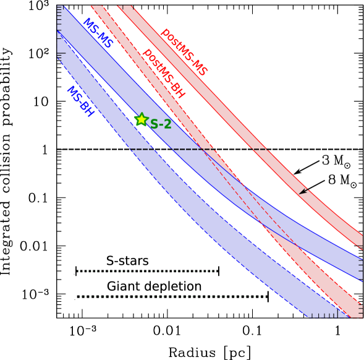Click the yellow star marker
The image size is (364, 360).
(x=142, y=120)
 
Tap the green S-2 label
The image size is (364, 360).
(x=161, y=124)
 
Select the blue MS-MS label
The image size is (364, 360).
(x=98, y=34)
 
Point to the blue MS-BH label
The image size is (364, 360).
(x=80, y=101)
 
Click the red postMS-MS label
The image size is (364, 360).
(x=184, y=52)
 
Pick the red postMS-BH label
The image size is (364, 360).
(x=164, y=74)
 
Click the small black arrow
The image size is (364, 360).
(x=303, y=192)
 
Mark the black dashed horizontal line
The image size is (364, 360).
(x=198, y=149)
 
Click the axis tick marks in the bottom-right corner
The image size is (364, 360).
(x=334, y=315)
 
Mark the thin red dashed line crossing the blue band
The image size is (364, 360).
(x=260, y=204)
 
